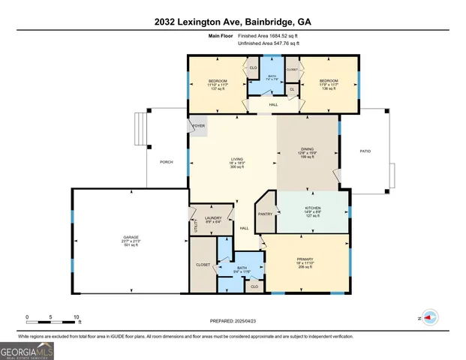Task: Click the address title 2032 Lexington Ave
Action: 233,22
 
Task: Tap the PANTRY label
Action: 264,214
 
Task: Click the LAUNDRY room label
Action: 213,218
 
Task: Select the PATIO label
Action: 365,151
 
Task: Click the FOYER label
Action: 199,126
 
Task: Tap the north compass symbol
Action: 428,317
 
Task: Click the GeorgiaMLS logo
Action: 27,350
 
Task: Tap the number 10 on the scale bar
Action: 76,317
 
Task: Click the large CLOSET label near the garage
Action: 203,265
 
